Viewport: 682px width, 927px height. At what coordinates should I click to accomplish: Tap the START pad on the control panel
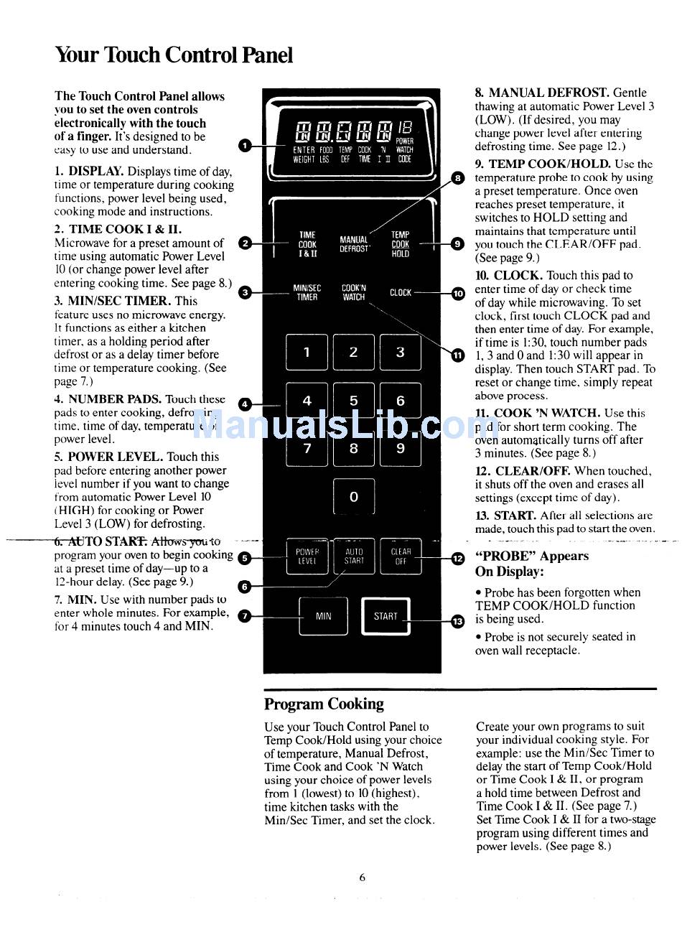coord(386,616)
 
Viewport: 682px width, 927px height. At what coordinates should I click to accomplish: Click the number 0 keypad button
coord(353,496)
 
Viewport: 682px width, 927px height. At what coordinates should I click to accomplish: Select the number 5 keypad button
coord(353,401)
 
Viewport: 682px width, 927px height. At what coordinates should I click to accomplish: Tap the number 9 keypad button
coord(400,449)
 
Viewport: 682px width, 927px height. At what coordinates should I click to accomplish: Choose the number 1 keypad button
coord(307,352)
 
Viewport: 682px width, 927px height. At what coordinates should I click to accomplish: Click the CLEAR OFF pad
coord(401,556)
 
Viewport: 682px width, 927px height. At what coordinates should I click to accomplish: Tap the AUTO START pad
coord(354,556)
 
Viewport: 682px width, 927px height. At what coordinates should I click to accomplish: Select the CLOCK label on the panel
coord(401,292)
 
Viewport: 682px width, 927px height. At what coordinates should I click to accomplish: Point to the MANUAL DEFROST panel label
coord(354,244)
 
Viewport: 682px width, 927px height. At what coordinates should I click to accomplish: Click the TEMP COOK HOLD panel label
coord(401,244)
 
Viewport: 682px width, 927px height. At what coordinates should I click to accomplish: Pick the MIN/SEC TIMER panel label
coord(307,292)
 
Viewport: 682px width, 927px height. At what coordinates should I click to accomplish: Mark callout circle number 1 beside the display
coord(245,146)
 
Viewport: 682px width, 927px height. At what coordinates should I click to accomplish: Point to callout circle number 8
coord(457,177)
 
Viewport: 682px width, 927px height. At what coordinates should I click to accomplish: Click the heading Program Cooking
coord(324,704)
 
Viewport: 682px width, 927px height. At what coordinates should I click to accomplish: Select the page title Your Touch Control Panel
coord(174,55)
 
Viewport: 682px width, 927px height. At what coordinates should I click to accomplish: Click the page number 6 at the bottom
coord(363,877)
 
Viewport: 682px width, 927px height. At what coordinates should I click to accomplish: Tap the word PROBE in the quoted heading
coord(503,556)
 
